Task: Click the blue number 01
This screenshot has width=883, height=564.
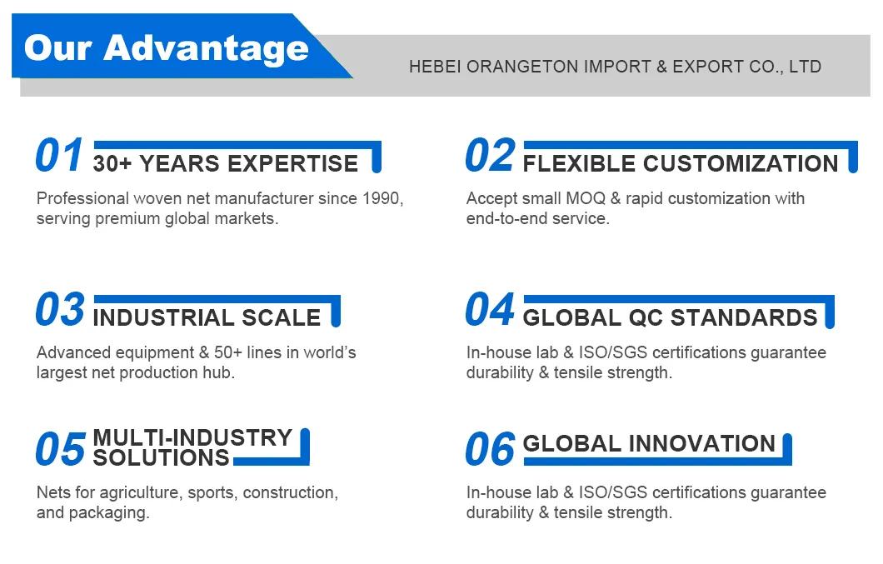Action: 60,157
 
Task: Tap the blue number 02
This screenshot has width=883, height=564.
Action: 490,157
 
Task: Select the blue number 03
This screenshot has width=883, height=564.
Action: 60,310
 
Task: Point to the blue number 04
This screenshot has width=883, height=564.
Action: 490,310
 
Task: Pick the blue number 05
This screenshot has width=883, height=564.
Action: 60,450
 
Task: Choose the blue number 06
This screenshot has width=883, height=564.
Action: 490,450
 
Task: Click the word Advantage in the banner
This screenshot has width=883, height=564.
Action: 206,48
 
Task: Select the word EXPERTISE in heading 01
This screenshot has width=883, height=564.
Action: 293,163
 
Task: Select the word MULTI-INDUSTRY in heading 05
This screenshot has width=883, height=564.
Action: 192,438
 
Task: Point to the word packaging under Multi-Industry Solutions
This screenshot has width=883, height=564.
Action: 111,512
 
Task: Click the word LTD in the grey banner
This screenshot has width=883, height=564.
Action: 804,67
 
